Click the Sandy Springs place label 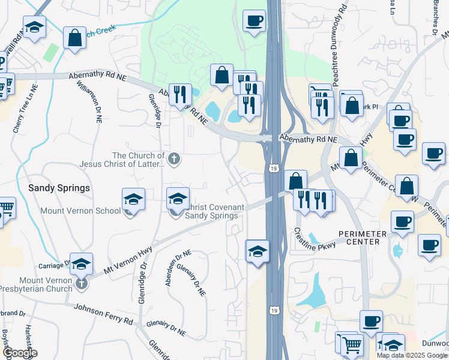59,188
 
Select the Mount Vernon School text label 80,211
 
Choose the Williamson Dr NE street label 98,103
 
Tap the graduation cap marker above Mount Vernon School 133,199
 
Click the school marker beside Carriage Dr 82,263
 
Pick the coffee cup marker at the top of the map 254,21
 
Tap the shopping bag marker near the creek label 74,38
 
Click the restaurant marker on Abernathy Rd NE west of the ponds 179,94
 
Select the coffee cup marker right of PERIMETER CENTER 402,221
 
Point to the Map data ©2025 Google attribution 412,355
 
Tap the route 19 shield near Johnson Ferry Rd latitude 274,310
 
